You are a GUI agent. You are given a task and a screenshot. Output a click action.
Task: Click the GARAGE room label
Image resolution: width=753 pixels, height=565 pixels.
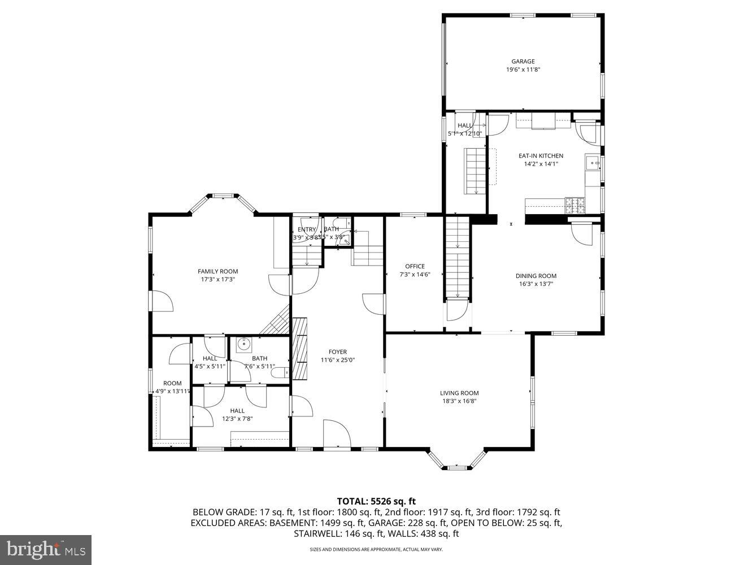(x=523, y=62)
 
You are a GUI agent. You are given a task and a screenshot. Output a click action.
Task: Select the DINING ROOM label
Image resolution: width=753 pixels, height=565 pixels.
(x=536, y=276)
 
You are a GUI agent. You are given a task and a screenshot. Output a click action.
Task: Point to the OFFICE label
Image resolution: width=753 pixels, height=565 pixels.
(x=415, y=267)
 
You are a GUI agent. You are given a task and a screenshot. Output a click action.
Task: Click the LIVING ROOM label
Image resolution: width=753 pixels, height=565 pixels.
(x=459, y=393)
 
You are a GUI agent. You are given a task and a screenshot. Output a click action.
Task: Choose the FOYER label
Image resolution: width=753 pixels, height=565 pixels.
(x=338, y=352)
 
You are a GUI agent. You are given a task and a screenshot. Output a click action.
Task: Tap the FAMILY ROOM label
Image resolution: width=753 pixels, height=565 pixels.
(x=217, y=271)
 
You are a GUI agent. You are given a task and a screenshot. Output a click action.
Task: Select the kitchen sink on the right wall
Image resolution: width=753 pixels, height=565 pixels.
(x=593, y=164)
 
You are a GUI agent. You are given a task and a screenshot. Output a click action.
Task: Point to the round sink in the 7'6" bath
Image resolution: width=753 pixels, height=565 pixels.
(x=244, y=343)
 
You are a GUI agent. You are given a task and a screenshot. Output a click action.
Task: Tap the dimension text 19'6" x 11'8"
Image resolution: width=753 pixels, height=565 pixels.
(x=523, y=69)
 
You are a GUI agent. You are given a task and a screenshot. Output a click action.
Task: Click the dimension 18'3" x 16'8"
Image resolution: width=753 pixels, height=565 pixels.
(x=459, y=401)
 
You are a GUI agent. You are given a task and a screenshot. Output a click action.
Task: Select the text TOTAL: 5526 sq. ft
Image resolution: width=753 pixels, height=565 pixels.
(x=376, y=501)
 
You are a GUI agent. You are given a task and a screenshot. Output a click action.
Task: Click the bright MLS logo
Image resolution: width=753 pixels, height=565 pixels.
(x=46, y=549)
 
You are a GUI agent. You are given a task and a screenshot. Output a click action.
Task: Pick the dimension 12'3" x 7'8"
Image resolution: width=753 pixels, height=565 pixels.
(x=237, y=419)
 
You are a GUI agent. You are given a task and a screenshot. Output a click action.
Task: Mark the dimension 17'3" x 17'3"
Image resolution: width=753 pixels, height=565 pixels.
(x=217, y=279)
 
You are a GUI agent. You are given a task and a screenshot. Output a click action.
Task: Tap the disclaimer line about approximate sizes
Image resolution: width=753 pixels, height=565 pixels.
(x=376, y=549)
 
